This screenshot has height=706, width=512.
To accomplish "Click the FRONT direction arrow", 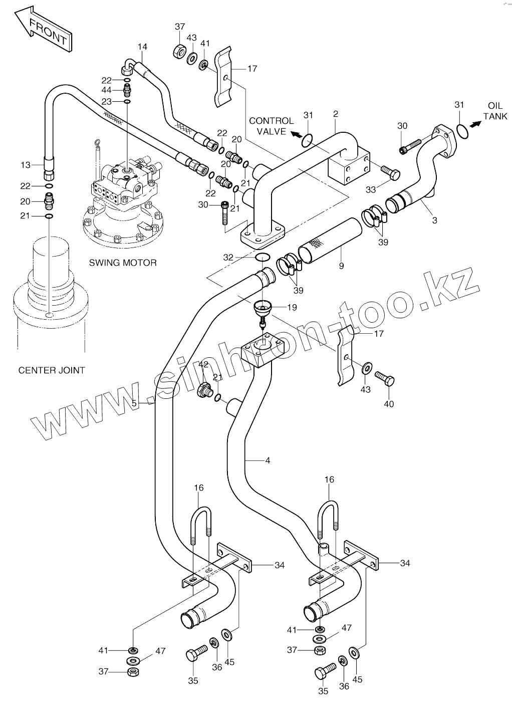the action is (x=44, y=31).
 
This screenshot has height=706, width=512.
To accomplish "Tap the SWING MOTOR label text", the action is (x=123, y=263).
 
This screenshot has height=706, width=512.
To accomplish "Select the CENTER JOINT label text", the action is (x=52, y=370).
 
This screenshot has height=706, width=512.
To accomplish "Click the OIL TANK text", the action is (x=495, y=111).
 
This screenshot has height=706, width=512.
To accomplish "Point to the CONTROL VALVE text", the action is (x=272, y=126).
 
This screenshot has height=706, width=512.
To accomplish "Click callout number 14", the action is (x=142, y=47).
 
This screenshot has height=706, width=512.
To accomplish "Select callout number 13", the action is (x=26, y=165).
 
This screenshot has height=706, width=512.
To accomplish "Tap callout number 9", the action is (x=342, y=266).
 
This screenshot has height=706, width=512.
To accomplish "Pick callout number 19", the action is (x=292, y=307).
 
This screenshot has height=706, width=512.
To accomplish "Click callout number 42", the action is (x=203, y=365).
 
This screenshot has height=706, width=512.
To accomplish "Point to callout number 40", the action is (x=389, y=404).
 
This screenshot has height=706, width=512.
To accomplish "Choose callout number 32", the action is (x=228, y=258).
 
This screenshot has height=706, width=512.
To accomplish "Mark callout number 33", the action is (x=371, y=190).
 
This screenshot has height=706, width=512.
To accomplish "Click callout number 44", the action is (x=107, y=90).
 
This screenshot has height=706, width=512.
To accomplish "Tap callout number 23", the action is (x=107, y=102).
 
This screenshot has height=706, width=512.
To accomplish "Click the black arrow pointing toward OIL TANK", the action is (x=476, y=124).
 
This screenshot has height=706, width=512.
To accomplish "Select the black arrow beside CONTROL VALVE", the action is (x=296, y=134).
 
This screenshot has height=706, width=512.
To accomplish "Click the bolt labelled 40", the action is (x=385, y=378).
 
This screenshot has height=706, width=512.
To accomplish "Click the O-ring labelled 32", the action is (x=262, y=257).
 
